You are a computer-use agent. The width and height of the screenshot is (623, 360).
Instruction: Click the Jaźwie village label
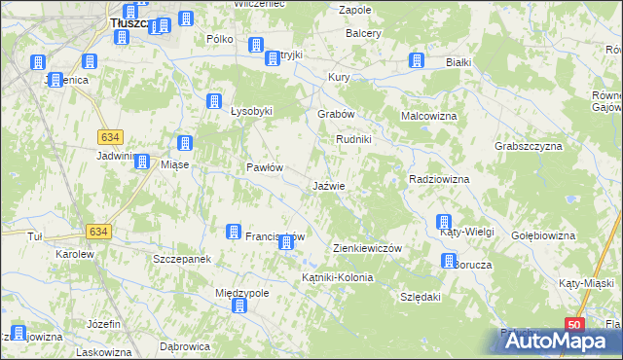(x=328, y=185)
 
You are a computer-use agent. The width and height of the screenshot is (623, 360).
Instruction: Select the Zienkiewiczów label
(x=367, y=248)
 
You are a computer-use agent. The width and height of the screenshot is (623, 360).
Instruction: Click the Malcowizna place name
(x=429, y=116)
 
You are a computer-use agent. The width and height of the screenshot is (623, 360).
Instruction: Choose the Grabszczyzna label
(x=529, y=146)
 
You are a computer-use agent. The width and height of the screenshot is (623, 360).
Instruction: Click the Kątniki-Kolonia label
(x=337, y=277)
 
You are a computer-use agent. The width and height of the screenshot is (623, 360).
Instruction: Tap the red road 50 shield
(x=575, y=325)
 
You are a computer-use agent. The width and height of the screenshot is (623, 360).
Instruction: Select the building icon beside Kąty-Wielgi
(x=445, y=222)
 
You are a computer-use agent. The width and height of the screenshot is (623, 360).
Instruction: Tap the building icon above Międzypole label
(x=238, y=306)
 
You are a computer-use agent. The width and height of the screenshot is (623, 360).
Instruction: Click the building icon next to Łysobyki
(x=214, y=100)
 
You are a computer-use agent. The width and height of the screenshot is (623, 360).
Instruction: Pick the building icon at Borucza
(x=449, y=261)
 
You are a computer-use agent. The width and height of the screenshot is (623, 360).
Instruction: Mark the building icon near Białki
(x=416, y=61)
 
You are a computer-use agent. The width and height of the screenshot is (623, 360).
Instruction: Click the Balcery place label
(x=363, y=33)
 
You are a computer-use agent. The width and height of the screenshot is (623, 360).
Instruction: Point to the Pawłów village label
(x=264, y=167)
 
